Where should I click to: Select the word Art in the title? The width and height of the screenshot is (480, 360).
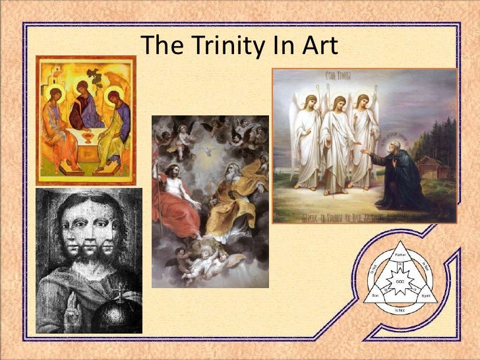click(318, 45)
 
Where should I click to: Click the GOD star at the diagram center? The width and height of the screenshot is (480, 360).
click(400, 281)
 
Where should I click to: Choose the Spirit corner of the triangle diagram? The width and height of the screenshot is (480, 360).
click(427, 297)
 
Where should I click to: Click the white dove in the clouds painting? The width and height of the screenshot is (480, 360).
click(210, 150)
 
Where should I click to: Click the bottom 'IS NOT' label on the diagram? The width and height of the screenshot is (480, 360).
click(400, 310)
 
